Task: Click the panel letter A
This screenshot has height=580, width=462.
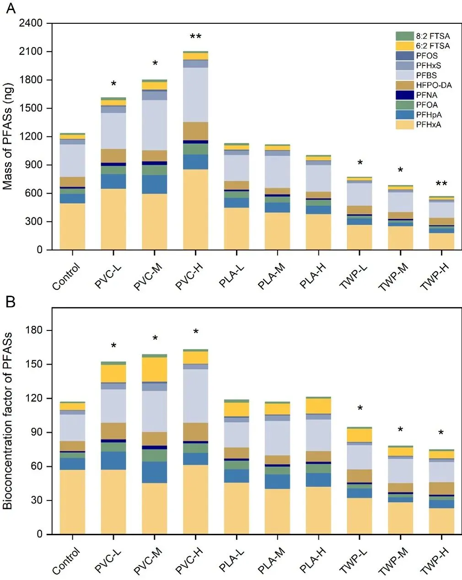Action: click(10, 8)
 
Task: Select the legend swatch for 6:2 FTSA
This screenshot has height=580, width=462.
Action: click(404, 46)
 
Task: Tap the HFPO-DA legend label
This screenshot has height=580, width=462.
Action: click(434, 85)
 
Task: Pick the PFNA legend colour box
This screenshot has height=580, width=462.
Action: click(404, 95)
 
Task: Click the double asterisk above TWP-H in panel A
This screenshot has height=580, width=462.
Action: click(441, 184)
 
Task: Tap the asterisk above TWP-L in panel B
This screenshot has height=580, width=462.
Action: click(360, 408)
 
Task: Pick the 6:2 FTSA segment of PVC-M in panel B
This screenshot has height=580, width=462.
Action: click(155, 369)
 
